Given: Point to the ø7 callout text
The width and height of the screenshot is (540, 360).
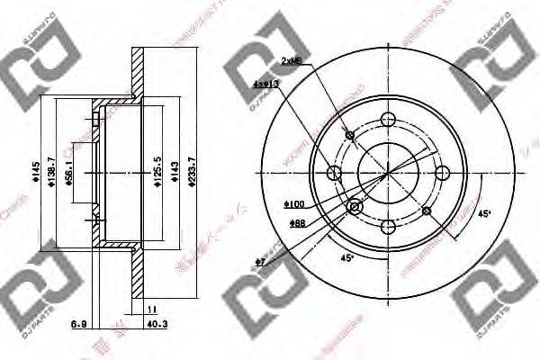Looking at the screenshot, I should pyautogui.click(x=261, y=262).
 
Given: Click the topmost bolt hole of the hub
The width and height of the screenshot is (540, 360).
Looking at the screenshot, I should pyautogui.click(x=388, y=119).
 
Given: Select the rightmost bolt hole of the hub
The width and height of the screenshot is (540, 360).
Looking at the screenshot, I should pyautogui.click(x=441, y=173).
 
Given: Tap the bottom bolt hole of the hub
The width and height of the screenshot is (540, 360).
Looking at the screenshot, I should pyautogui.click(x=388, y=226).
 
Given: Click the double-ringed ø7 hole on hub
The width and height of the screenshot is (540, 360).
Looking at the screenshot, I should pyautogui.click(x=354, y=208).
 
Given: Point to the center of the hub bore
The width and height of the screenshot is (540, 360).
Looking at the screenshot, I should pyautogui.click(x=388, y=173).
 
